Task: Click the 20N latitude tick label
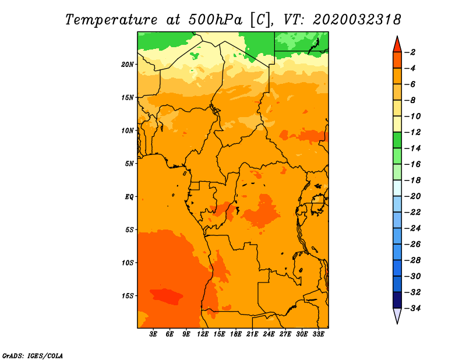tap(128, 65)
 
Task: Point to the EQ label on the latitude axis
tap(129, 197)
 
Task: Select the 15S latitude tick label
tap(128, 296)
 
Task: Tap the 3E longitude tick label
tap(153, 334)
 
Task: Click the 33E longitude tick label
tap(318, 334)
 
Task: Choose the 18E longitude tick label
tap(236, 334)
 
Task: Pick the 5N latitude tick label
tap(129, 164)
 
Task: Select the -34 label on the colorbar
tap(413, 308)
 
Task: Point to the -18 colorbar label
tap(413, 180)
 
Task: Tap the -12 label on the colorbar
tap(413, 132)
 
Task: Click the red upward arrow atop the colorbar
tap(397, 45)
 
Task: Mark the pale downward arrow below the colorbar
tap(397, 315)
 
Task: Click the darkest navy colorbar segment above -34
tap(397, 300)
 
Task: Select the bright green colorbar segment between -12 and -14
tap(397, 140)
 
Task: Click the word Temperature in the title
tap(111, 20)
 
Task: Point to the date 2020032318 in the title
tap(356, 20)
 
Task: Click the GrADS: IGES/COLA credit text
tap(33, 355)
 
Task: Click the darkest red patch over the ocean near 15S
tap(167, 296)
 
